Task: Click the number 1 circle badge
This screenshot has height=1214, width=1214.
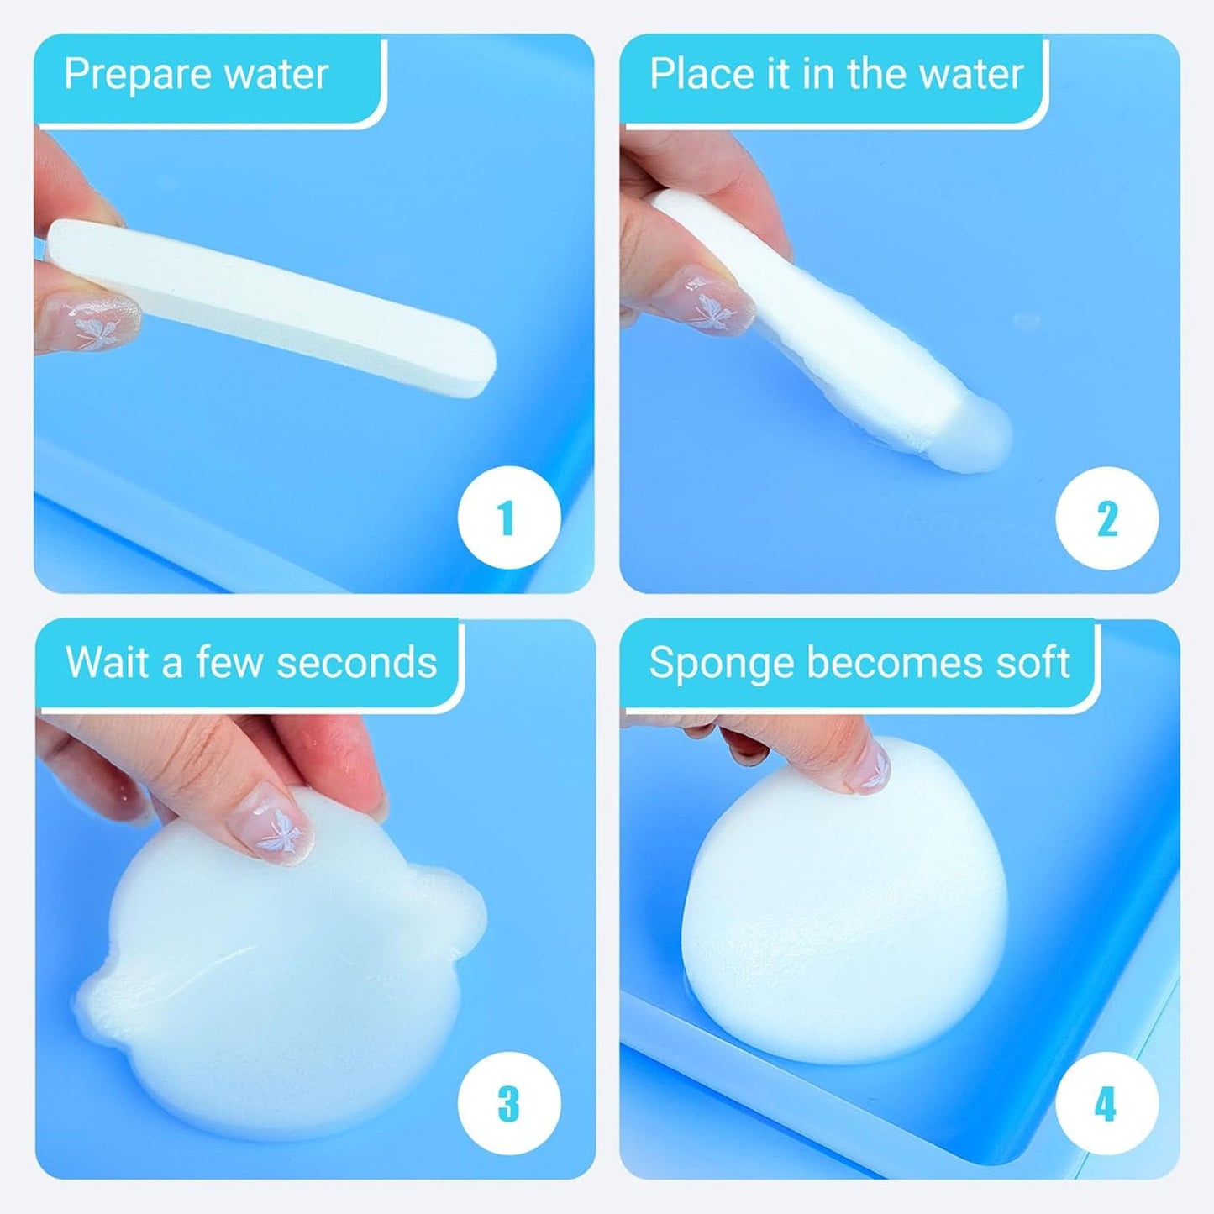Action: coord(509,518)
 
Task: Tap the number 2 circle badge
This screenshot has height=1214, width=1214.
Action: coord(1107,518)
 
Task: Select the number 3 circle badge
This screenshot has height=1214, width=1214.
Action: coord(509,1103)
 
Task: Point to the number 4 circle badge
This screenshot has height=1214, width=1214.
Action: coord(1107,1103)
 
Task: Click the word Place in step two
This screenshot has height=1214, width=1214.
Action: coord(701,75)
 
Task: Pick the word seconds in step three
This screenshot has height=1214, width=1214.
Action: coord(356,662)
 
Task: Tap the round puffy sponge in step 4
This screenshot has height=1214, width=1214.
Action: coord(844,907)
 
